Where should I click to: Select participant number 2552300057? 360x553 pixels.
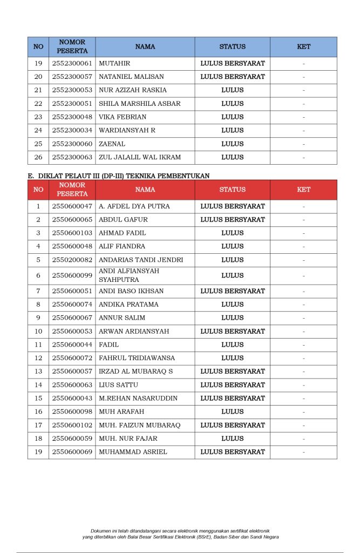[72, 77]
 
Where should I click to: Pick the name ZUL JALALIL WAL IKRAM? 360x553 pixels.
[140, 157]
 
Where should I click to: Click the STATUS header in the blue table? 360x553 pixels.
[232, 47]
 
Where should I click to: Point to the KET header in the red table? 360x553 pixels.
[303, 190]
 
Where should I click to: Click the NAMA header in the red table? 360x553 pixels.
[145, 190]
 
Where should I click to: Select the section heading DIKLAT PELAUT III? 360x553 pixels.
[118, 176]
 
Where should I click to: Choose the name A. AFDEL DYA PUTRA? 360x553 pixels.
[134, 206]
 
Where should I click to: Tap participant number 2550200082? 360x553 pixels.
[72, 260]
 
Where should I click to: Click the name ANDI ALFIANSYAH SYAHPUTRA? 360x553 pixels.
[129, 275]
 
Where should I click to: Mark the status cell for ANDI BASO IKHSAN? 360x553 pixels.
[232, 291]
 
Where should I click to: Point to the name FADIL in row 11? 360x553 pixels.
[109, 345]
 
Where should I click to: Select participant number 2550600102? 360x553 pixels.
[72, 425]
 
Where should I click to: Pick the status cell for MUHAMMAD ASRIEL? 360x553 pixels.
[232, 451]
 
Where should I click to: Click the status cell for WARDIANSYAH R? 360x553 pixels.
[232, 130]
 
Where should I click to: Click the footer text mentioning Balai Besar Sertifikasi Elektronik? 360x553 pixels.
[180, 537]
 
